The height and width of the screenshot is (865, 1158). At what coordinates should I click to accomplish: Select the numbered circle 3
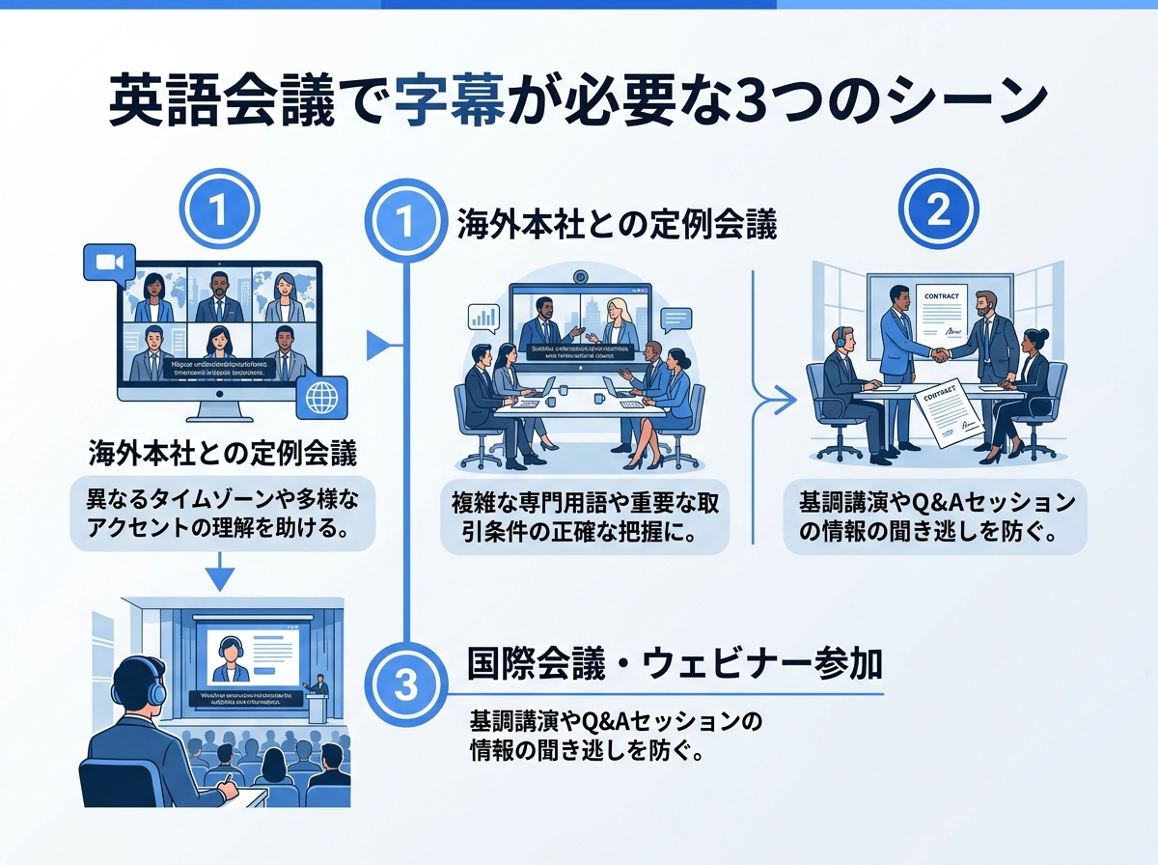(x=406, y=685)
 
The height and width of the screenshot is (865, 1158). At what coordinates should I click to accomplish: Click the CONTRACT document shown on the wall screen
(x=941, y=309)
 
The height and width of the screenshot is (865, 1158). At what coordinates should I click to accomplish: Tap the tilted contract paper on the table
(x=944, y=411)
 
